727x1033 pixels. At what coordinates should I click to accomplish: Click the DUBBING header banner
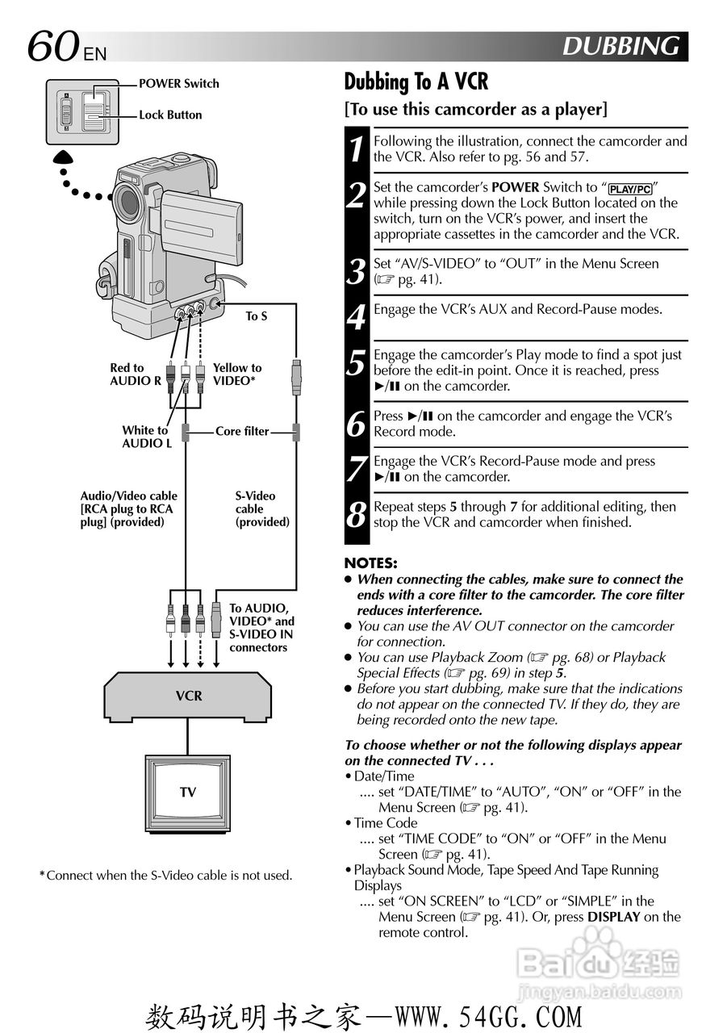tap(620, 46)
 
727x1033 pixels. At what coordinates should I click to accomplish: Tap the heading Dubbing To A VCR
tap(416, 82)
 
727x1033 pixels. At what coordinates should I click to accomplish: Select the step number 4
tap(356, 317)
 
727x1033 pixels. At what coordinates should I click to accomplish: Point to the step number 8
tap(356, 515)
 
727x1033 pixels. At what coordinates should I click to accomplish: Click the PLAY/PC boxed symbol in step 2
tap(630, 189)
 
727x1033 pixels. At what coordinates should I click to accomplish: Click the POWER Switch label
tap(178, 83)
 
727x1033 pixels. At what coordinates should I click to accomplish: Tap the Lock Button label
tap(170, 115)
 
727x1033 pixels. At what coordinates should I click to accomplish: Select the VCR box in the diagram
tap(189, 696)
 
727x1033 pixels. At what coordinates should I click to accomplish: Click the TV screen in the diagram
tap(188, 793)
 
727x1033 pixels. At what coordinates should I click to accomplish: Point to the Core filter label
tap(242, 432)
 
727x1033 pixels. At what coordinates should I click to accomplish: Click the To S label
tap(257, 316)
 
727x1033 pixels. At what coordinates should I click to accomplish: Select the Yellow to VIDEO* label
tap(237, 374)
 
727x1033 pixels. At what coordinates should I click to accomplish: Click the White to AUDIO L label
tap(145, 437)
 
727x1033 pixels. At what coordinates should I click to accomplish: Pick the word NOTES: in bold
tap(370, 563)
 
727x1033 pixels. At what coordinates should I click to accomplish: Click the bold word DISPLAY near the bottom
tap(613, 917)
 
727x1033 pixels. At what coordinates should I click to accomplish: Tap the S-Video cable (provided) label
tap(261, 509)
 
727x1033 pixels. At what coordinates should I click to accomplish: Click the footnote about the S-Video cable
tap(165, 876)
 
